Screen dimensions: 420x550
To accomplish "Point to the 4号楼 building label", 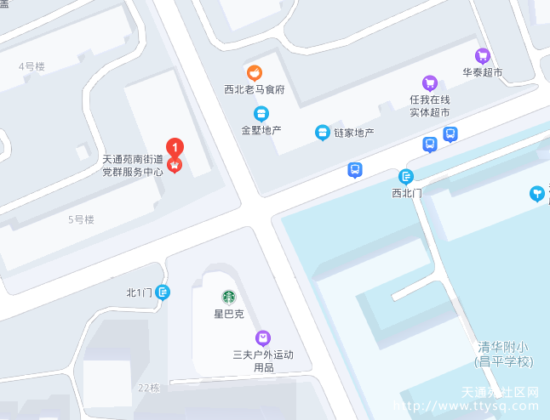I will (x=32, y=66).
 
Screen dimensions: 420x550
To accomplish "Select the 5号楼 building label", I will (x=81, y=219).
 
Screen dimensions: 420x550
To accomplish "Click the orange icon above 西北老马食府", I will (x=254, y=72).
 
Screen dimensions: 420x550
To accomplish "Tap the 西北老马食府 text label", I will (x=254, y=89).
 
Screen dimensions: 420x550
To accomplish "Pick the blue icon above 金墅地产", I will (x=261, y=113).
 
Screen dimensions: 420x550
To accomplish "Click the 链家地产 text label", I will (x=354, y=133).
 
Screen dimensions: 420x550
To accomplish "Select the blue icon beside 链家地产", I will (x=323, y=132).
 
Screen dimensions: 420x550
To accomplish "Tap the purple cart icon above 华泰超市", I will (x=483, y=56).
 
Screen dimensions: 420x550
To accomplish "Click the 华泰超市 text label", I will (x=483, y=73).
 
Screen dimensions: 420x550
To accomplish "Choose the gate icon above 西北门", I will (x=406, y=177).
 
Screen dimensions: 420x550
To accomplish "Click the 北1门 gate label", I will (x=139, y=292).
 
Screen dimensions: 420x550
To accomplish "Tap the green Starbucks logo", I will (x=228, y=297).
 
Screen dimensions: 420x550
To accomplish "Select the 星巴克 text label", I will (x=228, y=314).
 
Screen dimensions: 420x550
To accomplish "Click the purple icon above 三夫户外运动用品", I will (x=262, y=338).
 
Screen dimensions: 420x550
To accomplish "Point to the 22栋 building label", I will (x=149, y=388).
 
